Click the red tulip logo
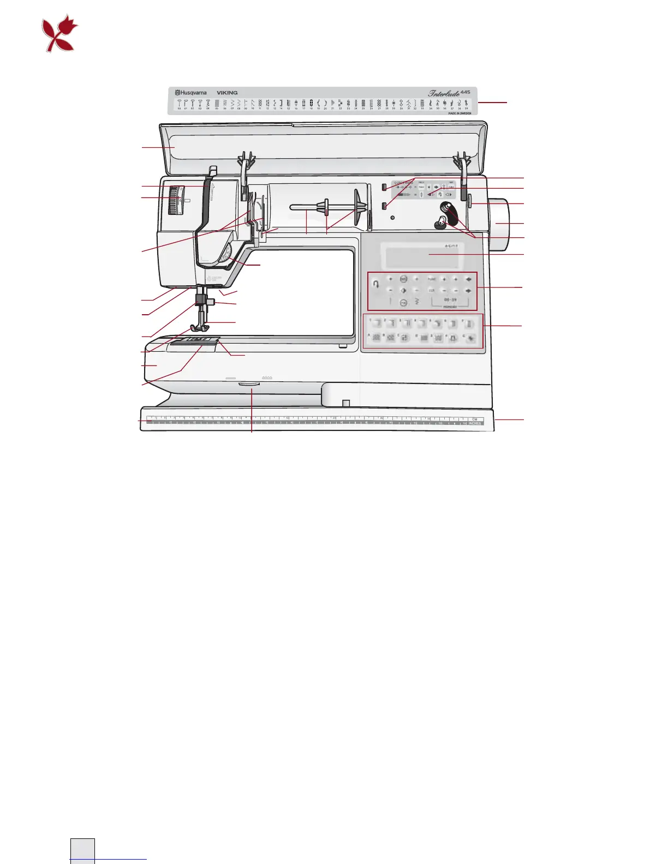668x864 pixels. (x=59, y=34)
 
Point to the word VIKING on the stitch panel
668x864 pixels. (x=227, y=93)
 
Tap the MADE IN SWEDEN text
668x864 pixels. (x=460, y=113)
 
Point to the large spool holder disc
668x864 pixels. (x=361, y=206)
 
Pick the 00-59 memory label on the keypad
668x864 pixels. (x=450, y=300)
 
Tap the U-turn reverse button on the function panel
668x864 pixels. (x=375, y=284)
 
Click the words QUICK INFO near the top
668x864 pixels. (x=403, y=183)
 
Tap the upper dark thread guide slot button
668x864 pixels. (x=384, y=188)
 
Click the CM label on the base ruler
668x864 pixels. (x=474, y=419)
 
